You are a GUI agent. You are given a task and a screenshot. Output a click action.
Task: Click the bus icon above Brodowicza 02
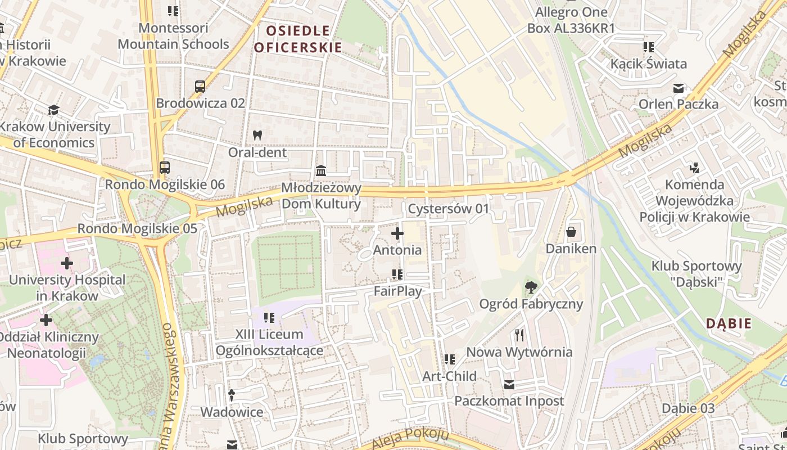[x=200, y=87]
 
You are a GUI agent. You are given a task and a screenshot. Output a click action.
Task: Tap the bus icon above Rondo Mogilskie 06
[x=165, y=168]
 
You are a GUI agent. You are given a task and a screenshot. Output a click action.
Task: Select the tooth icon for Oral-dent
[x=257, y=135]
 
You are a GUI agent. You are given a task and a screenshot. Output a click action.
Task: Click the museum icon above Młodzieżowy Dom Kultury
[x=321, y=170]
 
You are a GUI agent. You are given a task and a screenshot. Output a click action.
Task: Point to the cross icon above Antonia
[x=397, y=233]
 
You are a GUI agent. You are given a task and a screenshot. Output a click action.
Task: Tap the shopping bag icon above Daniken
[x=571, y=231]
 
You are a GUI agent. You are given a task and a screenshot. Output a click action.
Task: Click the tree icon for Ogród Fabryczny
[x=531, y=287]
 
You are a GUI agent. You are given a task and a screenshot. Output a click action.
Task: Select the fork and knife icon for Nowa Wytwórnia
[x=519, y=335]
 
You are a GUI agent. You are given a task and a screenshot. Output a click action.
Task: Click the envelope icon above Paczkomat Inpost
[x=509, y=385]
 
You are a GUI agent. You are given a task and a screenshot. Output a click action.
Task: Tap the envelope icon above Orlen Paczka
[x=679, y=88]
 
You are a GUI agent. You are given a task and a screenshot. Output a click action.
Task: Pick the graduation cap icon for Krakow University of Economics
[x=54, y=110]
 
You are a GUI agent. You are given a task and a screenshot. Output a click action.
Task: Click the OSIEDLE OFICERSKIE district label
[x=297, y=39]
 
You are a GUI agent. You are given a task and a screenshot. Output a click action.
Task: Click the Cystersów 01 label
[x=449, y=209]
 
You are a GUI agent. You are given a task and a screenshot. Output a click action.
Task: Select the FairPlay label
[x=397, y=291]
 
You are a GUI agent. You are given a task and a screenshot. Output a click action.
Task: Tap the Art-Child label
[x=449, y=376]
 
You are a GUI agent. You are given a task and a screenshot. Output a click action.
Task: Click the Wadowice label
[x=232, y=412]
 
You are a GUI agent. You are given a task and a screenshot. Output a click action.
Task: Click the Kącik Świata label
[x=649, y=64]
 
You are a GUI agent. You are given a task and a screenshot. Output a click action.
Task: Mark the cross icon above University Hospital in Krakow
[x=67, y=263]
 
